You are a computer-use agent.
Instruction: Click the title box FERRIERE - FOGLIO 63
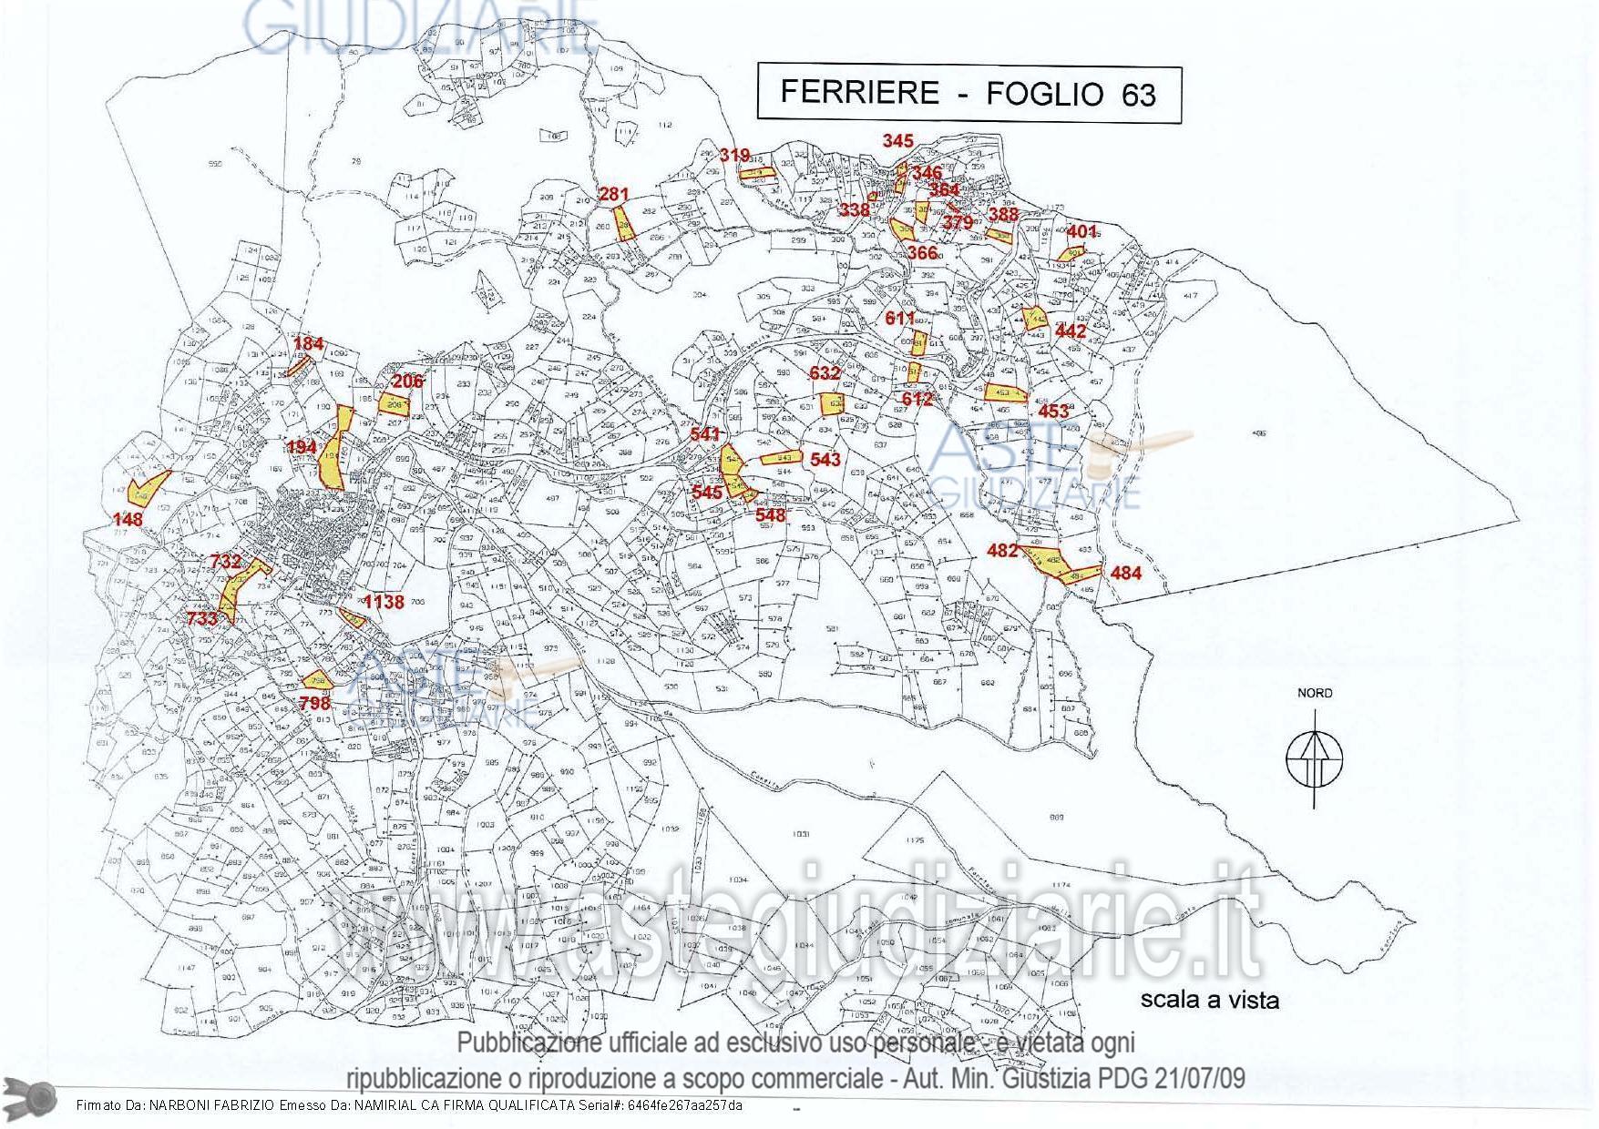tap(969, 93)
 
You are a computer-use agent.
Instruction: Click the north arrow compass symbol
tap(1313, 758)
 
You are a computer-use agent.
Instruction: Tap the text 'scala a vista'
tap(1210, 1000)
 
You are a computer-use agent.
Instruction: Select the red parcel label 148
tap(128, 519)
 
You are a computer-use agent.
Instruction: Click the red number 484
tap(1126, 573)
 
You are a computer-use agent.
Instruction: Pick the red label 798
tap(314, 703)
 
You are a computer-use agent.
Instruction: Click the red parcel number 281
tap(613, 194)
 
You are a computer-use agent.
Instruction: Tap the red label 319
tap(734, 155)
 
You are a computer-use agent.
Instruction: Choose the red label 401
tap(1082, 231)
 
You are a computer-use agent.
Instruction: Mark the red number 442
tap(1071, 331)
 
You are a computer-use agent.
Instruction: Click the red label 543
tap(825, 460)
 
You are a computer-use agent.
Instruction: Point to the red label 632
tap(825, 373)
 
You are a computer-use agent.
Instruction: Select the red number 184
tap(309, 343)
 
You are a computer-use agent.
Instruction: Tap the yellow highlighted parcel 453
tap(1005, 393)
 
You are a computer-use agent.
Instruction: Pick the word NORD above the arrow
tap(1315, 693)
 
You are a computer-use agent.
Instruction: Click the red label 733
tap(201, 618)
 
